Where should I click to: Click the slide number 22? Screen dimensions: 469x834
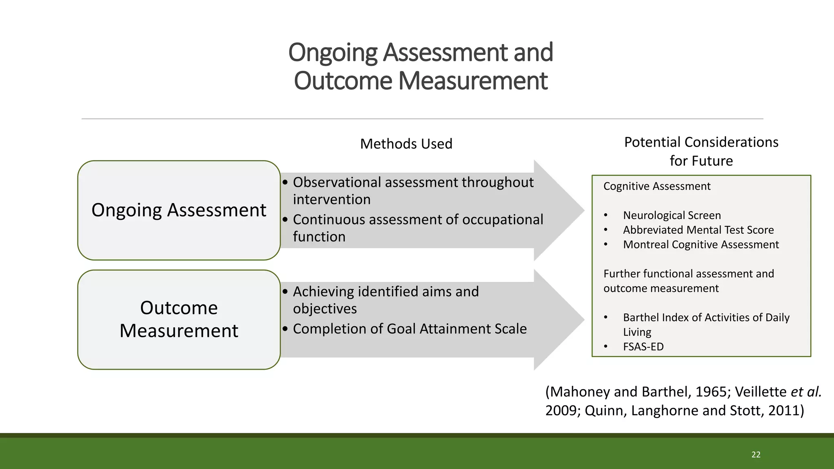coord(756,455)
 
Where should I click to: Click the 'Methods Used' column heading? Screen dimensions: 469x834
coord(406,144)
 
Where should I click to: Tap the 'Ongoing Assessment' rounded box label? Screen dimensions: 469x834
coord(179,210)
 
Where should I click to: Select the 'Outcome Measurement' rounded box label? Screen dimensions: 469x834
coord(179,319)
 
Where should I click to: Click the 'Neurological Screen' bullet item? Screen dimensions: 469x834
coord(672,215)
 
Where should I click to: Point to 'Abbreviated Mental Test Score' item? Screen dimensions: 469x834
coord(698,230)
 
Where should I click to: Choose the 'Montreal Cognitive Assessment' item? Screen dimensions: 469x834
coord(700,245)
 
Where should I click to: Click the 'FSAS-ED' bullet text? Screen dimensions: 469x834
coord(643,347)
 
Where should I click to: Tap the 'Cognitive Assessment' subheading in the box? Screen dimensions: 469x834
coord(656,186)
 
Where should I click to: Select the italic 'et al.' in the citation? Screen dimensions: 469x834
coord(806,392)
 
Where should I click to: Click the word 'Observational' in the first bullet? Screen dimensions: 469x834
coord(337,182)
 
